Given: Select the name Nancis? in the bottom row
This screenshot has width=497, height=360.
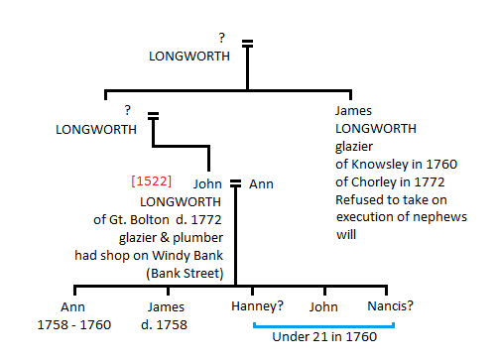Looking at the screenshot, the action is coord(389,306).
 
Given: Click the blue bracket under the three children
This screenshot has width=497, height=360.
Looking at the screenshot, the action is coord(324,323).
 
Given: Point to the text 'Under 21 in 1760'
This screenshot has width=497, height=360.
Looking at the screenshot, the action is coord(324,338).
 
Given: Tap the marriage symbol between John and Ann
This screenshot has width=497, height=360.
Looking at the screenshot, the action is coord(236,183).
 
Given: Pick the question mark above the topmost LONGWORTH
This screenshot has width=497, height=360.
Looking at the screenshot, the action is coord(222,39).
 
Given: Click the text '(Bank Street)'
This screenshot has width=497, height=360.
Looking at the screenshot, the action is coord(185,273).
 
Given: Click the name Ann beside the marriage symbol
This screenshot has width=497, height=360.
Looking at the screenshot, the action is coord(261,183).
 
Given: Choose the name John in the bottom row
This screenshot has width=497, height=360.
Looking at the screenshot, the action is coord(324,306).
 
